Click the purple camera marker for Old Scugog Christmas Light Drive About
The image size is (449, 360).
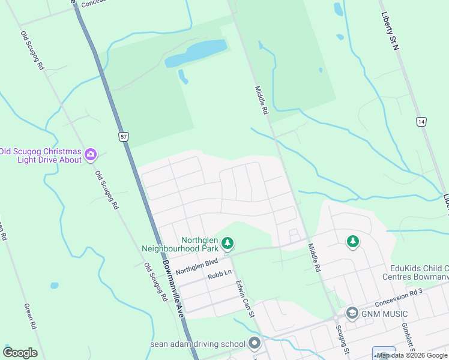click(x=91, y=155)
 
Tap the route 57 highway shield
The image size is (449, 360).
click(x=123, y=137)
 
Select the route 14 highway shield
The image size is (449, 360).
click(x=421, y=122)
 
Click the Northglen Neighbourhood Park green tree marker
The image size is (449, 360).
click(x=227, y=243)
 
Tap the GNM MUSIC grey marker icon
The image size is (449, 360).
click(x=352, y=313)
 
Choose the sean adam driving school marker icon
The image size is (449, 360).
click(x=255, y=344)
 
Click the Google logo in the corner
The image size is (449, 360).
click(x=20, y=353)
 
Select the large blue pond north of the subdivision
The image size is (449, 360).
click(x=196, y=53)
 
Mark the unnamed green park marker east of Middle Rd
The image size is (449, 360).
click(x=353, y=241)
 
